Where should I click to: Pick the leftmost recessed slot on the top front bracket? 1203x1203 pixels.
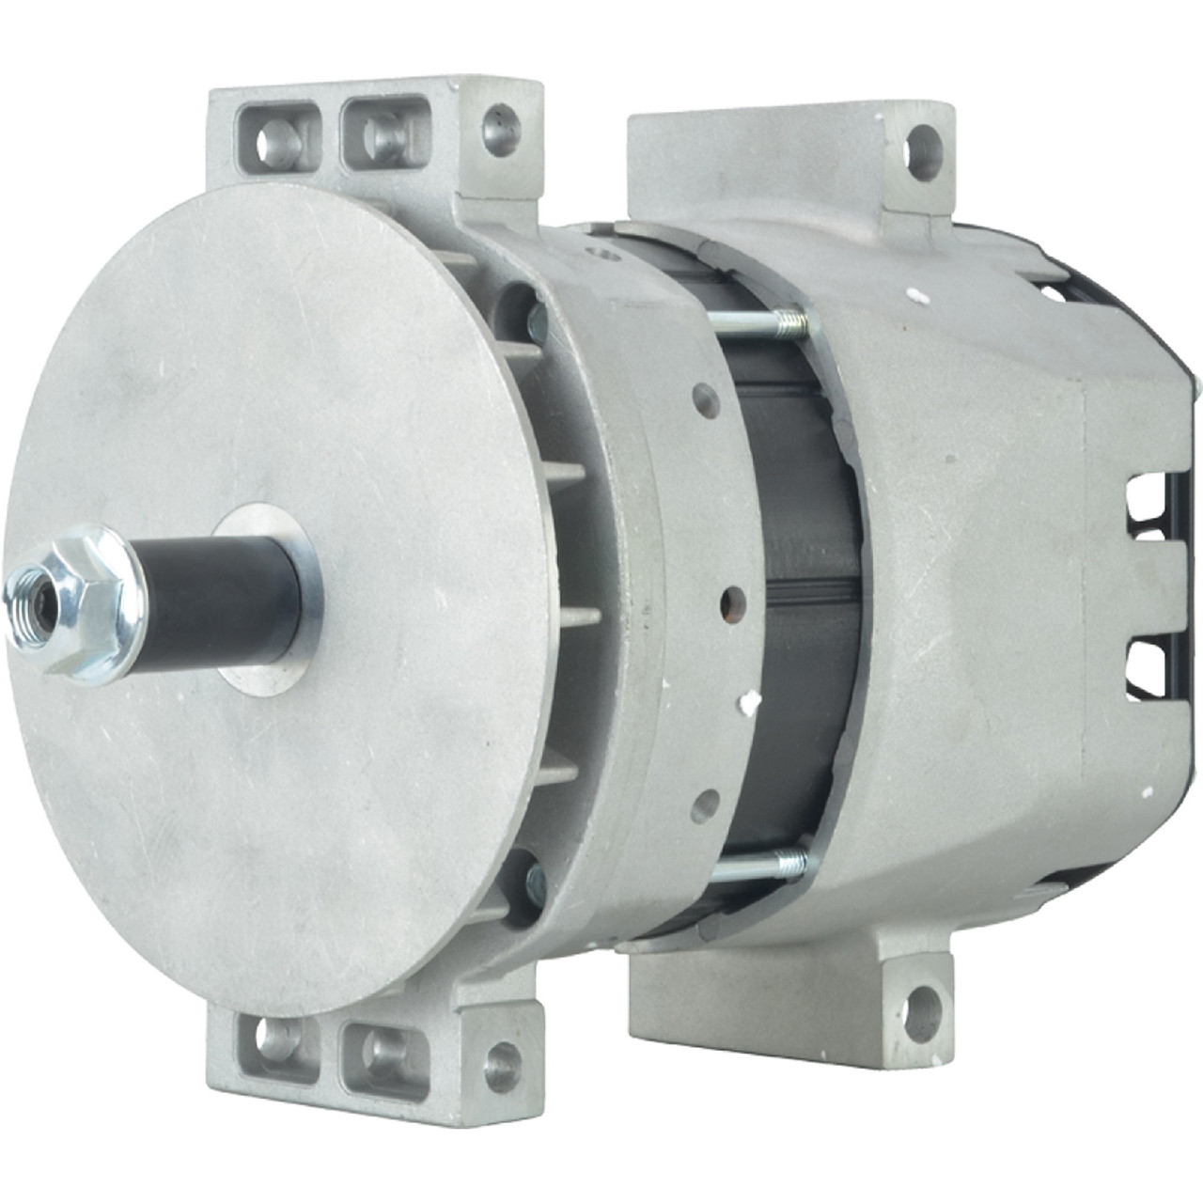[x=276, y=139]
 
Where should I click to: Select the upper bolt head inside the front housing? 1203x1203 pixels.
[x=537, y=323]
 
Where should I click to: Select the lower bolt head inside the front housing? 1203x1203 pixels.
[x=536, y=879]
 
